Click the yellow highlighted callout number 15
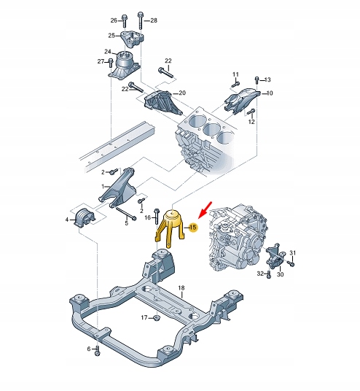tap(193, 228)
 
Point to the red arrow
tap(206, 209)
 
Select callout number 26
tap(114, 20)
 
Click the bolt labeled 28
tap(140, 21)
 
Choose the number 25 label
tap(111, 36)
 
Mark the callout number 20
tap(182, 93)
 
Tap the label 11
tap(235, 74)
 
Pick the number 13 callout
tap(267, 80)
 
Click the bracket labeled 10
tap(242, 101)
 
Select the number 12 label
tap(251, 122)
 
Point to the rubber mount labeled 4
tap(85, 217)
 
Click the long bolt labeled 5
tap(126, 214)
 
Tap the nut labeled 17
tap(157, 318)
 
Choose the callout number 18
tap(181, 288)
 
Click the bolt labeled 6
tap(97, 350)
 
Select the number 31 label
tap(293, 253)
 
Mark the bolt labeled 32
tap(268, 274)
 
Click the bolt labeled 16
tap(157, 216)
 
